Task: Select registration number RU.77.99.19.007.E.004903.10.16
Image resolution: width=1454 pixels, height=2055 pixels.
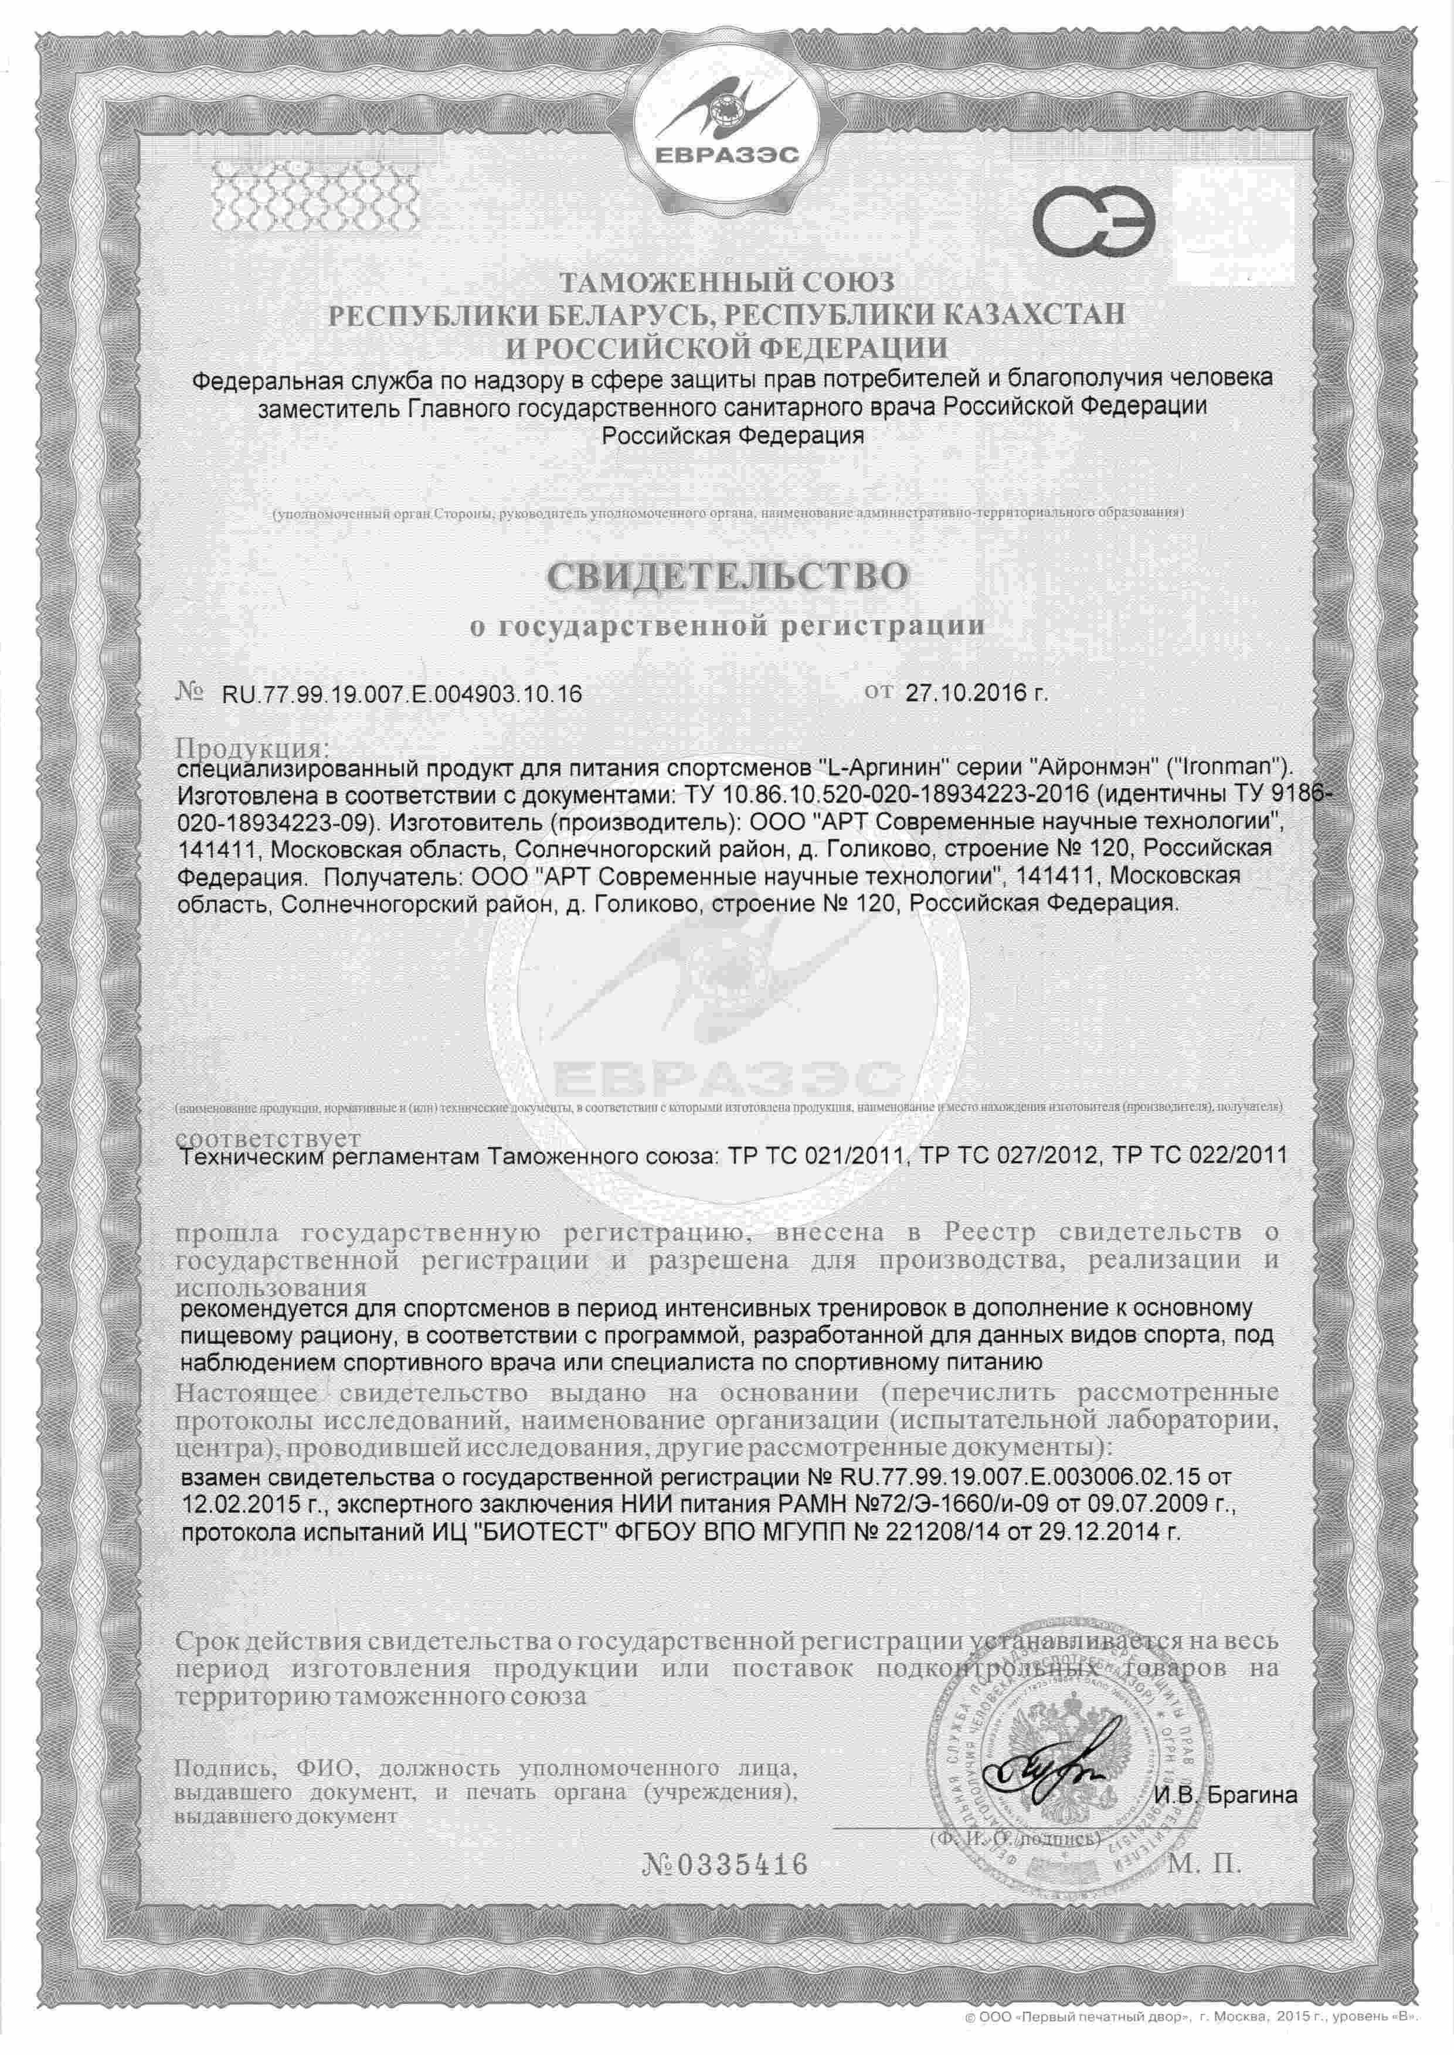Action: (x=395, y=694)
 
